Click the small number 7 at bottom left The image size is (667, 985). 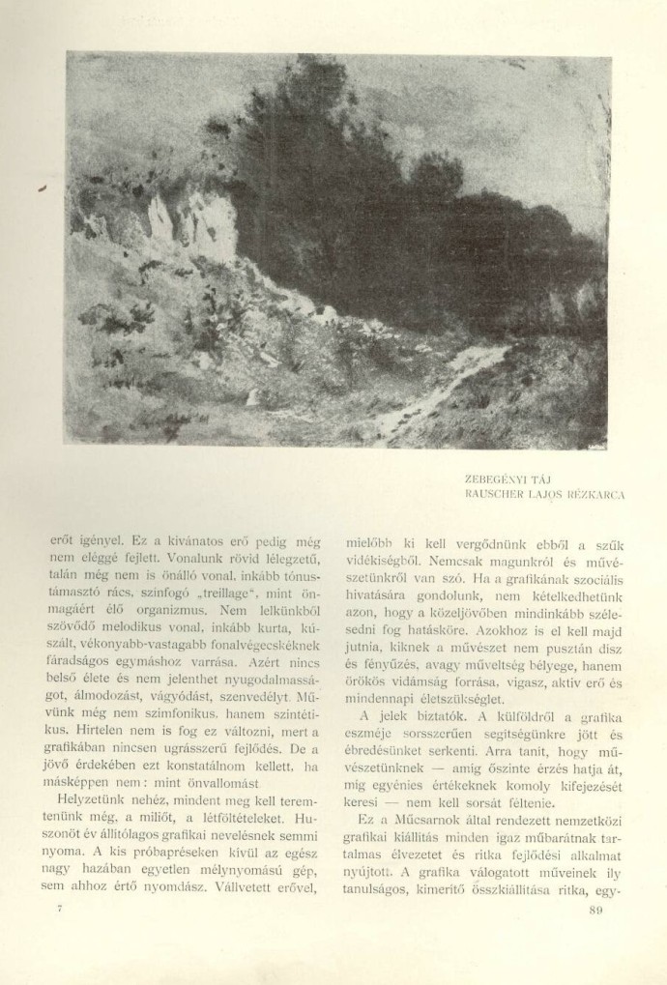(61, 910)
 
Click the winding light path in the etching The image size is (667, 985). (454, 382)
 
